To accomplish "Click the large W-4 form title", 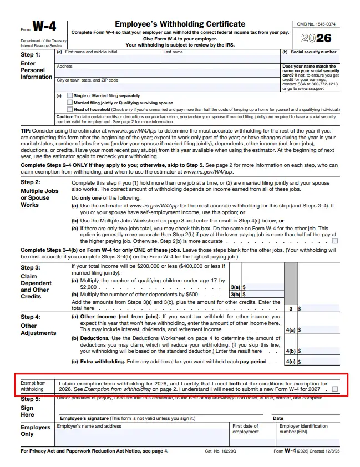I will point(45,27).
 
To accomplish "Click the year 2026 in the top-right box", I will point(316,38).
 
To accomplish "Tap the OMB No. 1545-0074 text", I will point(316,24).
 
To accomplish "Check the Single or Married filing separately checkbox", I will point(69,96).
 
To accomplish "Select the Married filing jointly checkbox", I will point(69,103).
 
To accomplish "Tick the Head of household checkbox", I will point(69,109).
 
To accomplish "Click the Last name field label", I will point(173,52).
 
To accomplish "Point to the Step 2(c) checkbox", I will point(334,241).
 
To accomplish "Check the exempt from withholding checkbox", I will point(334,389).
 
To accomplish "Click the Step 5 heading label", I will point(31,399).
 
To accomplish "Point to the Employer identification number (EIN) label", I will point(303,429).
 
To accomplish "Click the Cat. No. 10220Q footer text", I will point(220,451).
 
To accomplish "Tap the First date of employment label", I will point(246,429).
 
